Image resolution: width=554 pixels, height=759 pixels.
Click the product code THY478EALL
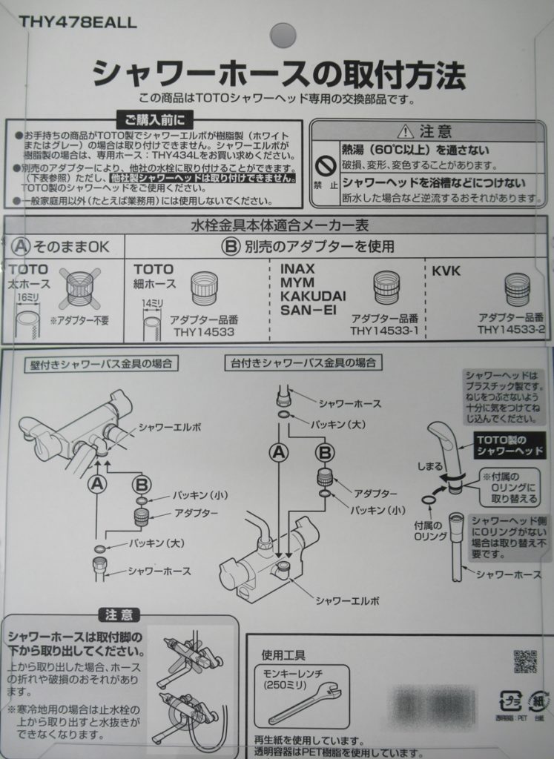pyautogui.click(x=78, y=23)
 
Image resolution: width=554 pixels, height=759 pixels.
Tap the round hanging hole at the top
pyautogui.click(x=283, y=35)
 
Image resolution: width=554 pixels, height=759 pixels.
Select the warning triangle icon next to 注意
pyautogui.click(x=405, y=132)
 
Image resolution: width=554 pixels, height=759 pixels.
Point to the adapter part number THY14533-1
pyautogui.click(x=385, y=330)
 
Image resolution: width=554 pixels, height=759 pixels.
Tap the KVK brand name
pyautogui.click(x=446, y=271)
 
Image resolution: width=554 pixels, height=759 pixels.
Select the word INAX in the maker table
pyautogui.click(x=297, y=269)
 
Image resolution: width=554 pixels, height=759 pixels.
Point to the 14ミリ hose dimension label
pyautogui.click(x=152, y=303)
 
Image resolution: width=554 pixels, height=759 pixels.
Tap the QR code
pyautogui.click(x=525, y=661)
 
